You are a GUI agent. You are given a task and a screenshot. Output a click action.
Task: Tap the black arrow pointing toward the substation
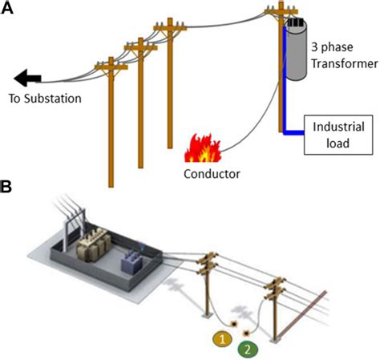[x=28, y=78]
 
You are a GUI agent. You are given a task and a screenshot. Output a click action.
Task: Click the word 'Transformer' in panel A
[x=346, y=63]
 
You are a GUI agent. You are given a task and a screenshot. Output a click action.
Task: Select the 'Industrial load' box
[x=338, y=134]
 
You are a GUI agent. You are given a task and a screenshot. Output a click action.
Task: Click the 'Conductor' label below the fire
[x=212, y=172]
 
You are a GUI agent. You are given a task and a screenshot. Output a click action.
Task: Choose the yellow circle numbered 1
[x=222, y=340]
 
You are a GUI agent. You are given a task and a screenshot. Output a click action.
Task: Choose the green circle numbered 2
[x=248, y=350]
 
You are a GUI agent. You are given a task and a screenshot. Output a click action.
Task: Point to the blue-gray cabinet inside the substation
[x=128, y=260]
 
